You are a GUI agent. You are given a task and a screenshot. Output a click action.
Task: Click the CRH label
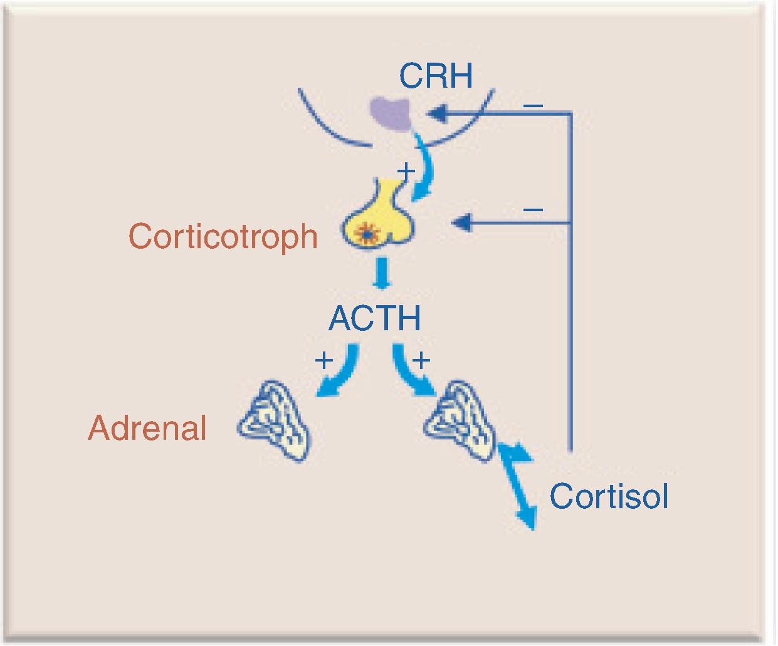[436, 76]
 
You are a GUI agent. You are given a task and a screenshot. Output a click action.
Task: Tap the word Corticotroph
[223, 237]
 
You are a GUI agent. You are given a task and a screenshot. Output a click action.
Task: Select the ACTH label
[375, 318]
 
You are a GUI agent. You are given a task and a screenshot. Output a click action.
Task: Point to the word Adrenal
[148, 429]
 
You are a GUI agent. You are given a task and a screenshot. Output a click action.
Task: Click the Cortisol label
[609, 496]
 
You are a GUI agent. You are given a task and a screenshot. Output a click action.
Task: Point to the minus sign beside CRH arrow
[533, 105]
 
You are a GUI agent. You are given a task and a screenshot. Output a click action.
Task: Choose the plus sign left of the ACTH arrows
[323, 360]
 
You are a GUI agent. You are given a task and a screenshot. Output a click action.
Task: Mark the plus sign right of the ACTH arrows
[421, 360]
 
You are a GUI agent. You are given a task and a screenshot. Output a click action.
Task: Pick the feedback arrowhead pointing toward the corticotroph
[462, 222]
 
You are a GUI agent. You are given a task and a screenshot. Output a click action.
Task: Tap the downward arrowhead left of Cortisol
[527, 518]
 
